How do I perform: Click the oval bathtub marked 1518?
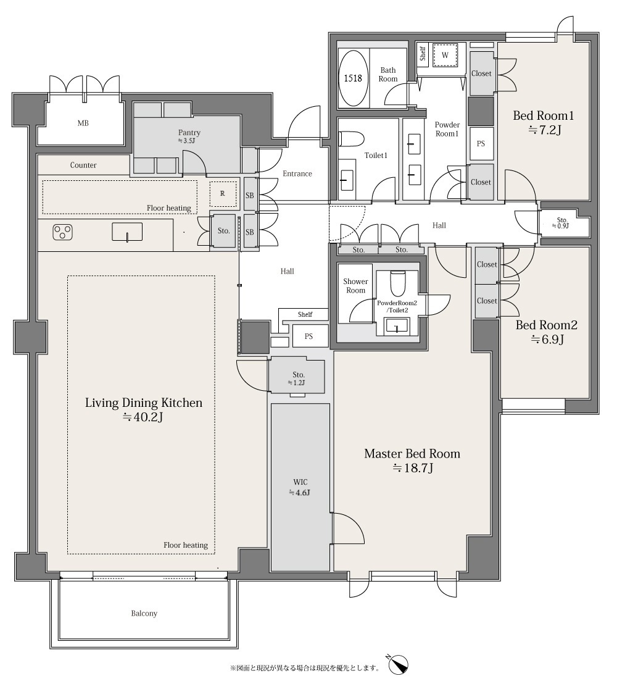[353, 78]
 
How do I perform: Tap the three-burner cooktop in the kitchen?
[62, 232]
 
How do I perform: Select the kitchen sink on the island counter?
[127, 232]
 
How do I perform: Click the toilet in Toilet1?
[351, 139]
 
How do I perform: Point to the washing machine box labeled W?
[445, 55]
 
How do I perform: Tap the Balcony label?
[144, 614]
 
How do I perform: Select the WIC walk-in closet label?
[300, 482]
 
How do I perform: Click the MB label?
[83, 123]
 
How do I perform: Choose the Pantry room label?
[189, 133]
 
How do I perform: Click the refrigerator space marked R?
[223, 193]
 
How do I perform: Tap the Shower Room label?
[356, 286]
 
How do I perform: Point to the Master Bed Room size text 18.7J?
[413, 468]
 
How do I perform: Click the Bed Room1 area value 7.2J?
[544, 130]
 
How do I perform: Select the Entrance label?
[297, 173]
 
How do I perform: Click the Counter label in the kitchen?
[83, 165]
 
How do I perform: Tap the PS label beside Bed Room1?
[481, 144]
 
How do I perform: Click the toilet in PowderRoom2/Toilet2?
[399, 284]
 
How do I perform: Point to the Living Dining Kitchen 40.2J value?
[143, 417]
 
